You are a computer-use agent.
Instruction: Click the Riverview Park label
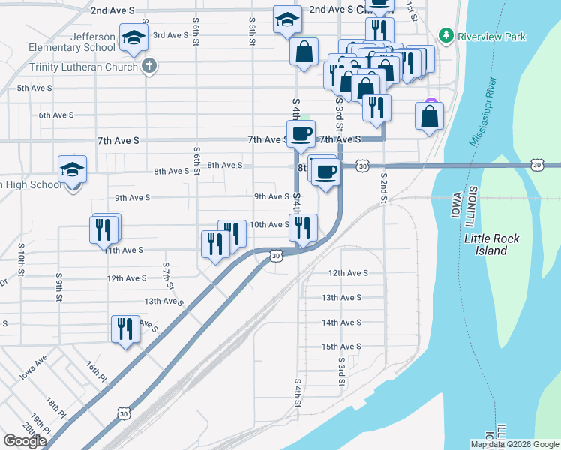(492, 36)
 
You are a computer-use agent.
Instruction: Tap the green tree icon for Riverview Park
(446, 35)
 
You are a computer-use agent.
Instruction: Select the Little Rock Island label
(491, 244)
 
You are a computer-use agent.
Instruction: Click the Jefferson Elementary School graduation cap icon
(133, 39)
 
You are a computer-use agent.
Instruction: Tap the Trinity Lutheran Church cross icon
(148, 66)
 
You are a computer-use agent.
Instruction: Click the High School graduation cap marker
(73, 171)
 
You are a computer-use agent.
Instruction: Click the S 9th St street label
(58, 286)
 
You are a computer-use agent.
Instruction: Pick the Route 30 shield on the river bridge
(537, 164)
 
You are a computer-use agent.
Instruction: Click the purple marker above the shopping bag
(430, 103)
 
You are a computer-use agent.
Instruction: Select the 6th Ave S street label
(56, 115)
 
